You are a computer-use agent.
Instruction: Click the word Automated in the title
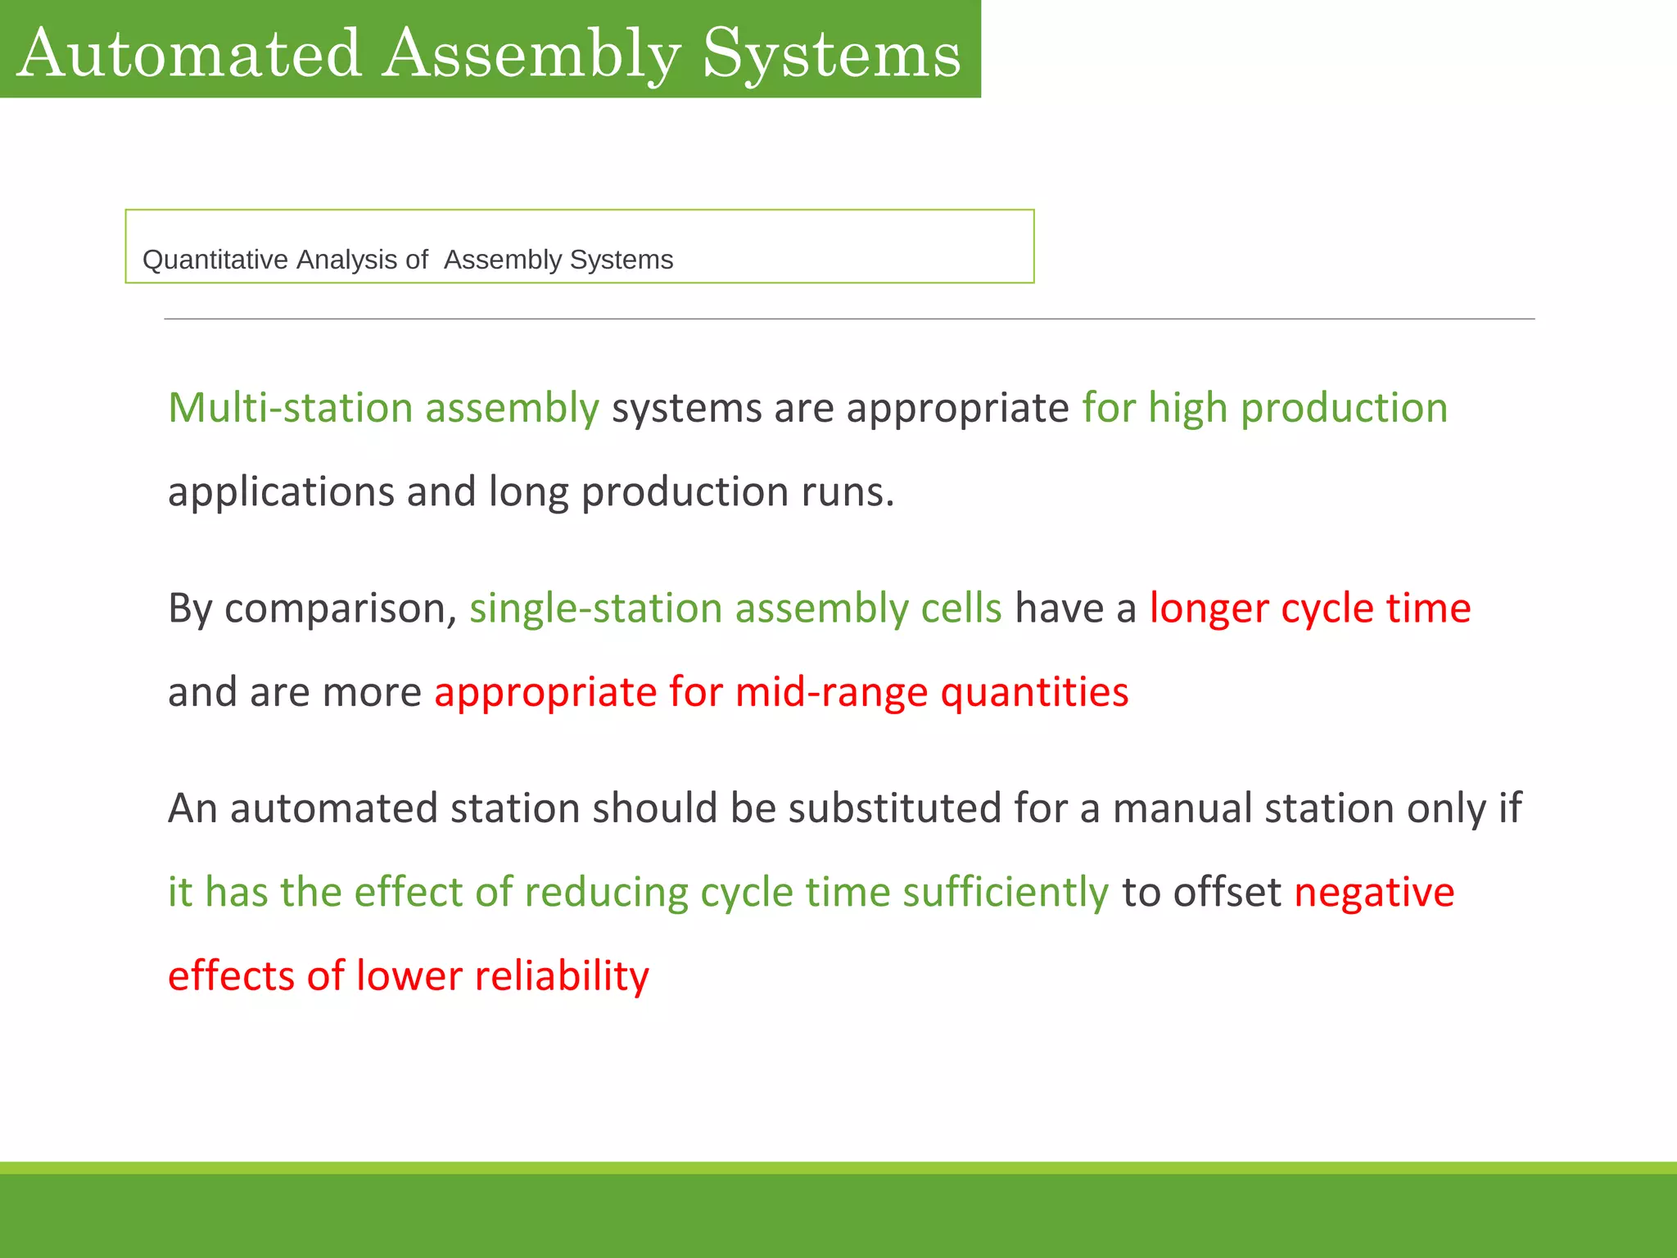[190, 54]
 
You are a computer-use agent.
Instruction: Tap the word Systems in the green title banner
[832, 54]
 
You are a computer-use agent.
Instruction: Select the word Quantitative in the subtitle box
[215, 260]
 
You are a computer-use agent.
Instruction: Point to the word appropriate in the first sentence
[957, 408]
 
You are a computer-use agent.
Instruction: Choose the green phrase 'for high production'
[1264, 408]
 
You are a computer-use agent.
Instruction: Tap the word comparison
[340, 609]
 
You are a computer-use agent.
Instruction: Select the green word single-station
[595, 609]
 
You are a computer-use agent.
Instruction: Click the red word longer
[1209, 609]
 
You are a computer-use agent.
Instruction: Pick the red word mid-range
[831, 692]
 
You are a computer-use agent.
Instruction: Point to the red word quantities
[1034, 692]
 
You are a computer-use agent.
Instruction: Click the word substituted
[895, 808]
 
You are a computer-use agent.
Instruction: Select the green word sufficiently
[1005, 892]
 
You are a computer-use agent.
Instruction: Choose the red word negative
[1373, 892]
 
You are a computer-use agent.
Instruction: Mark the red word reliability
[562, 976]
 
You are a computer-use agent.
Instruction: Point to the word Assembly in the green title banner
[531, 54]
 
